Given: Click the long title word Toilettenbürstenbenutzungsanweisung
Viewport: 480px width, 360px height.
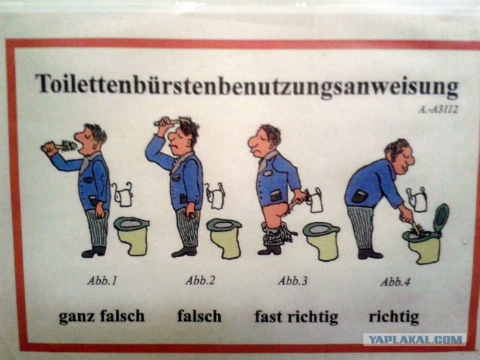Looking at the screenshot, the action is click(x=247, y=86).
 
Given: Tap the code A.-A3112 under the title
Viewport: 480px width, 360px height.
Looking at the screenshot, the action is click(x=438, y=110).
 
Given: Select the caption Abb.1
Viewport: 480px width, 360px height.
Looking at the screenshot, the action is click(x=102, y=280).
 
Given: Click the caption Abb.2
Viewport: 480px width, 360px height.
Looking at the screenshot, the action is click(x=200, y=280).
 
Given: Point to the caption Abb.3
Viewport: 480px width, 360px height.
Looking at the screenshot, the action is click(x=292, y=280).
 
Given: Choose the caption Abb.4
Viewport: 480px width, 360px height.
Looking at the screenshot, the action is click(x=395, y=282).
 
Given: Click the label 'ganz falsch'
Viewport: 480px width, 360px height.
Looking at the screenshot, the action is click(x=101, y=317).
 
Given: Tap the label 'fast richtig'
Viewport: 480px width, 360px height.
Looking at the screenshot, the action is click(x=296, y=317).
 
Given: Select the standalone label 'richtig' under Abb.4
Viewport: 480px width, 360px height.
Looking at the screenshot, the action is click(x=394, y=317).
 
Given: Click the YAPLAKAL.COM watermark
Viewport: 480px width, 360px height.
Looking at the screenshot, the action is click(x=415, y=339).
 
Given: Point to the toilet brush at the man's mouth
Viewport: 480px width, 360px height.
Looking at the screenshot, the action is click(x=60, y=146).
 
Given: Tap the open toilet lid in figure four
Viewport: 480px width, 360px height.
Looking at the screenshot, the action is click(x=441, y=217).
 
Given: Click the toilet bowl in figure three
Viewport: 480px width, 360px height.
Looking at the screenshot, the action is click(x=322, y=241).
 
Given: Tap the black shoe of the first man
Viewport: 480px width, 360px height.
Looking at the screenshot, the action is click(x=94, y=252).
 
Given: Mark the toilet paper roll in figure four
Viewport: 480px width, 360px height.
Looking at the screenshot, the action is click(x=417, y=200).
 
